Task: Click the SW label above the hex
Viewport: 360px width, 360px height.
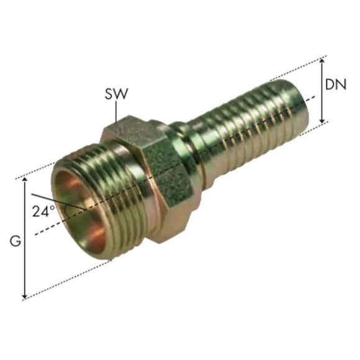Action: pos(116,95)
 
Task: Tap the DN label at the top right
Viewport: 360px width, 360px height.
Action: pos(338,86)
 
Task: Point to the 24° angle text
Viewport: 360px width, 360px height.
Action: pos(43,210)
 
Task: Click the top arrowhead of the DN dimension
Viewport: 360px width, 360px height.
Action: pos(323,60)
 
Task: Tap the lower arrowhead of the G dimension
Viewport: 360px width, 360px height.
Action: pos(25,297)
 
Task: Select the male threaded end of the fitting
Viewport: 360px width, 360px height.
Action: pos(93,205)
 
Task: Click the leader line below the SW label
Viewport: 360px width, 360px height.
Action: pos(116,112)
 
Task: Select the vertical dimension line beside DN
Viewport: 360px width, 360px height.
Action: pos(323,90)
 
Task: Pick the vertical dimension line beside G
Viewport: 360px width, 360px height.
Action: pos(25,239)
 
